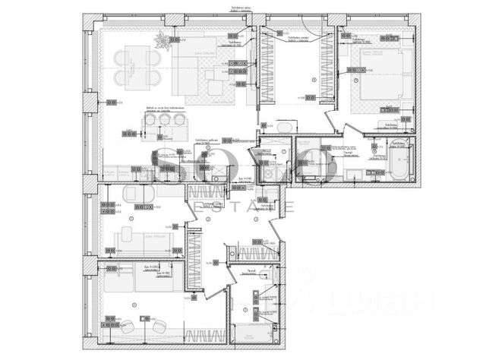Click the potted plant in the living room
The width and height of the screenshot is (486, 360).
pyautogui.click(x=162, y=41)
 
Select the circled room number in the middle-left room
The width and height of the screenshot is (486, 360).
pyautogui.click(x=131, y=219)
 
